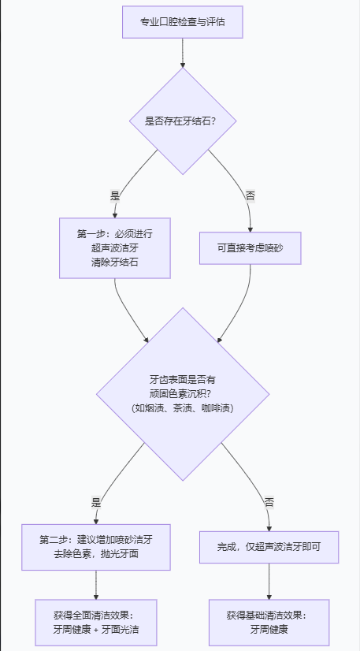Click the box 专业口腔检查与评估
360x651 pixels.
tap(182, 23)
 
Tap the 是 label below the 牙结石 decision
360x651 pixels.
tap(115, 195)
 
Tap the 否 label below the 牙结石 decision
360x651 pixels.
tap(251, 195)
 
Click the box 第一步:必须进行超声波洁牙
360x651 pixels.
tap(115, 247)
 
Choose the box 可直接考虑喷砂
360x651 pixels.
tap(251, 247)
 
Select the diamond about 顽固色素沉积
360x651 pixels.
tap(183, 393)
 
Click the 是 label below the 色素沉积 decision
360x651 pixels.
tap(96, 502)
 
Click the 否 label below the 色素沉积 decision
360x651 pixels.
tap(269, 502)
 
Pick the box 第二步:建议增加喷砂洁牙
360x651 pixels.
tap(96, 547)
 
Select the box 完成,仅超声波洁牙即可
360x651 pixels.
tap(269, 546)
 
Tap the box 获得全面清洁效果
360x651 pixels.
tap(96, 623)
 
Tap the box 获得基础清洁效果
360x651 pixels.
tap(269, 623)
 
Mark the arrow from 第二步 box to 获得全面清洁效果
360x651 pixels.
tap(96, 585)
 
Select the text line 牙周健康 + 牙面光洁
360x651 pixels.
tap(96, 630)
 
